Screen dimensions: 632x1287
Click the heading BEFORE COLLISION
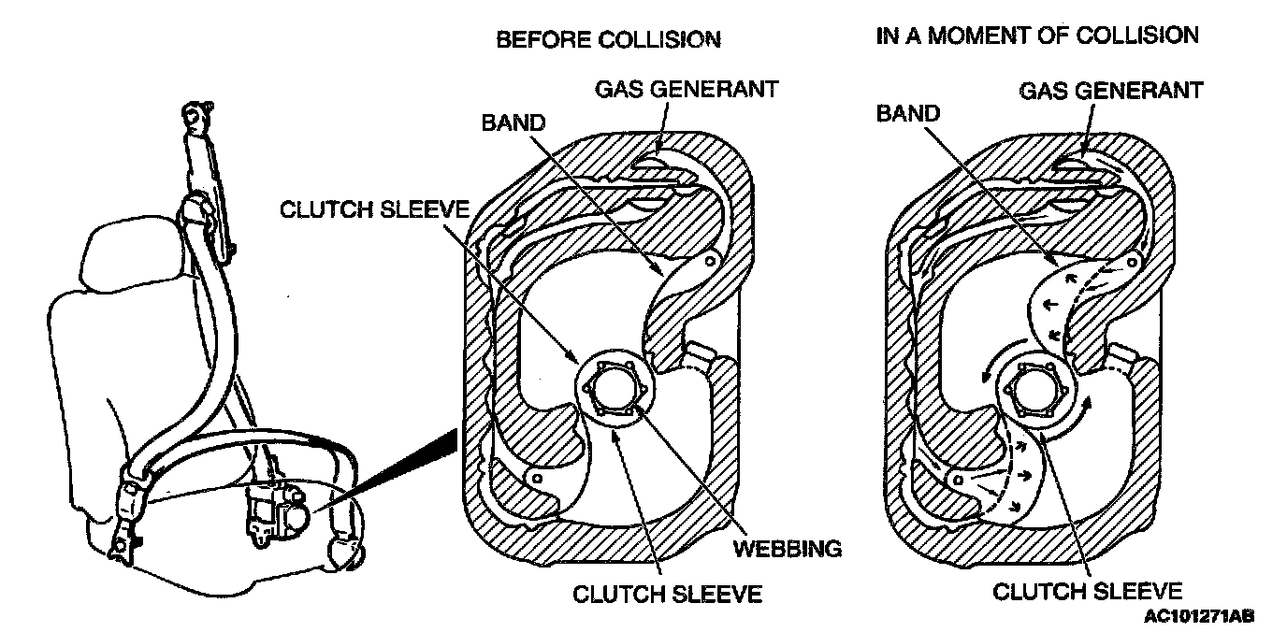pyautogui.click(x=608, y=40)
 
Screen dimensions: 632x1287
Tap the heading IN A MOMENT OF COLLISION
pyautogui.click(x=1036, y=36)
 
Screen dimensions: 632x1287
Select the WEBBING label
pyautogui.click(x=787, y=549)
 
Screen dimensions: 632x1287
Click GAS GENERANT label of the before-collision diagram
pyautogui.click(x=687, y=90)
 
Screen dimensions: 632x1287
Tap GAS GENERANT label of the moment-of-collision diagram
pyautogui.click(x=1110, y=91)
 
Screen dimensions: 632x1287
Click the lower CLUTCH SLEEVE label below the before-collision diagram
pyautogui.click(x=667, y=593)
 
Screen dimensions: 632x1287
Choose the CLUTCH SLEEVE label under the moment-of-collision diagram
pyautogui.click(x=1087, y=591)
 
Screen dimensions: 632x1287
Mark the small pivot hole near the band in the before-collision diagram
pyautogui.click(x=711, y=261)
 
